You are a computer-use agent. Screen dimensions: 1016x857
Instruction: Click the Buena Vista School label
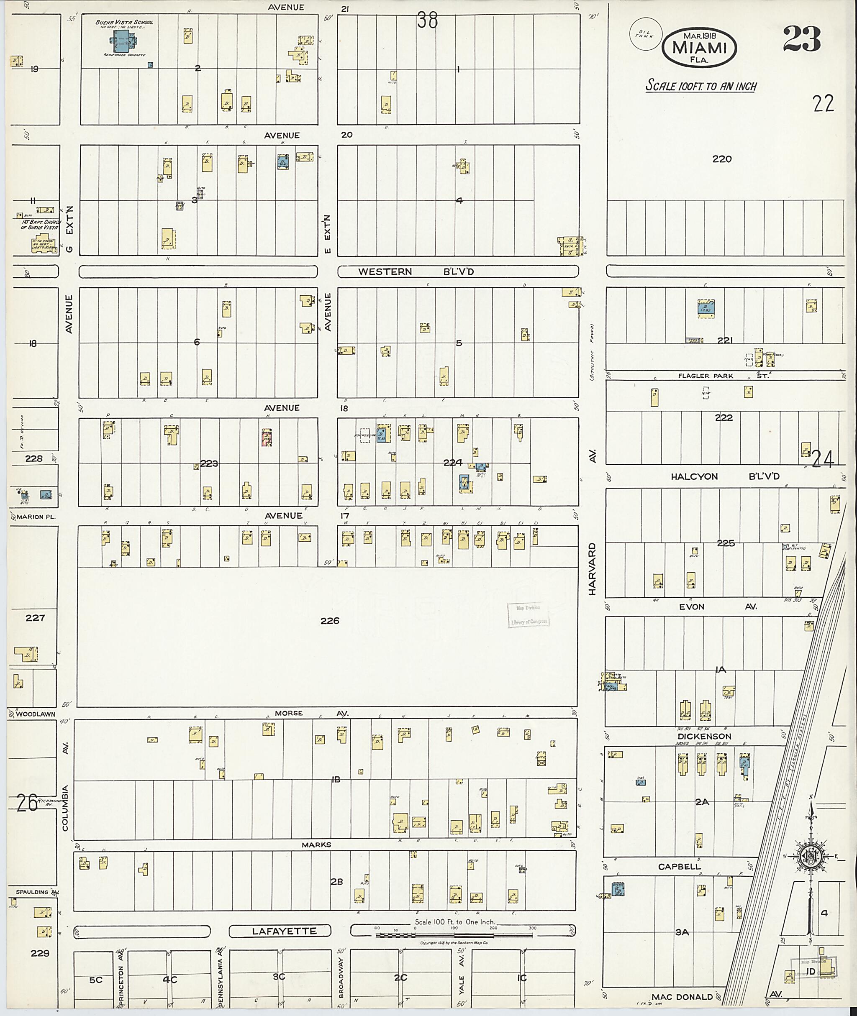tap(124, 22)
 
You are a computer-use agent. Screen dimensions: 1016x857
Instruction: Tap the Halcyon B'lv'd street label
tap(725, 476)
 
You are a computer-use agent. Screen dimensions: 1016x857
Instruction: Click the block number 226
tap(329, 620)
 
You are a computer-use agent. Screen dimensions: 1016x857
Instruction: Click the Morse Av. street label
tap(311, 713)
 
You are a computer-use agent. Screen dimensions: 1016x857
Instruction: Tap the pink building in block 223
tap(267, 437)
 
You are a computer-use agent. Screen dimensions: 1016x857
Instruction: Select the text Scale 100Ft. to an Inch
tap(700, 86)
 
